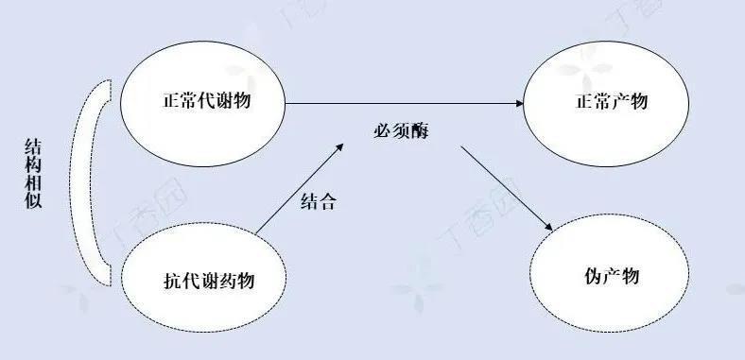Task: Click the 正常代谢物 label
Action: coord(204,100)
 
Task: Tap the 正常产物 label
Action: coord(614,100)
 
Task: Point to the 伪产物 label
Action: coord(613,277)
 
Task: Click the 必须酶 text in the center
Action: coord(401,131)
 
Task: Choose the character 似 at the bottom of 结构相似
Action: coord(33,201)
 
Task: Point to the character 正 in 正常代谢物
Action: coord(168,100)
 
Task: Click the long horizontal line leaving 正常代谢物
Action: coord(397,102)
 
